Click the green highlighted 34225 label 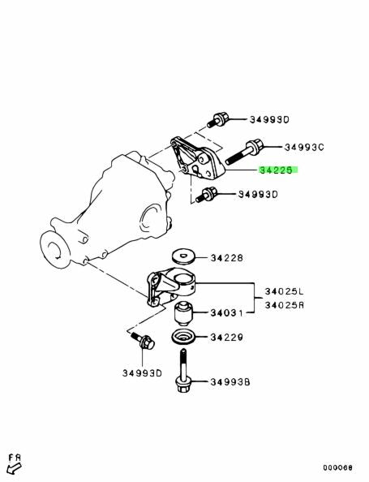pyautogui.click(x=278, y=170)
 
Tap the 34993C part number pyautogui.click(x=304, y=147)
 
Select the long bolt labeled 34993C pyautogui.click(x=245, y=152)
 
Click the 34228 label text pyautogui.click(x=227, y=257)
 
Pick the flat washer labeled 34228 pyautogui.click(x=182, y=256)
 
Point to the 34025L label pyautogui.click(x=284, y=290)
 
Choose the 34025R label pyautogui.click(x=284, y=305)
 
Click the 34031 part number pyautogui.click(x=226, y=313)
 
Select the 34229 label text pyautogui.click(x=227, y=338)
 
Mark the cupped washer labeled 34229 pyautogui.click(x=182, y=338)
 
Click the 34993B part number pyautogui.click(x=230, y=382)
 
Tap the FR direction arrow pyautogui.click(x=14, y=468)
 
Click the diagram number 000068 pyautogui.click(x=337, y=468)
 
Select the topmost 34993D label pyautogui.click(x=269, y=119)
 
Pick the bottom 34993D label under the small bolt pyautogui.click(x=142, y=373)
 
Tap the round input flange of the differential pyautogui.click(x=54, y=251)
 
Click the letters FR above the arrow pyautogui.click(x=15, y=458)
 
